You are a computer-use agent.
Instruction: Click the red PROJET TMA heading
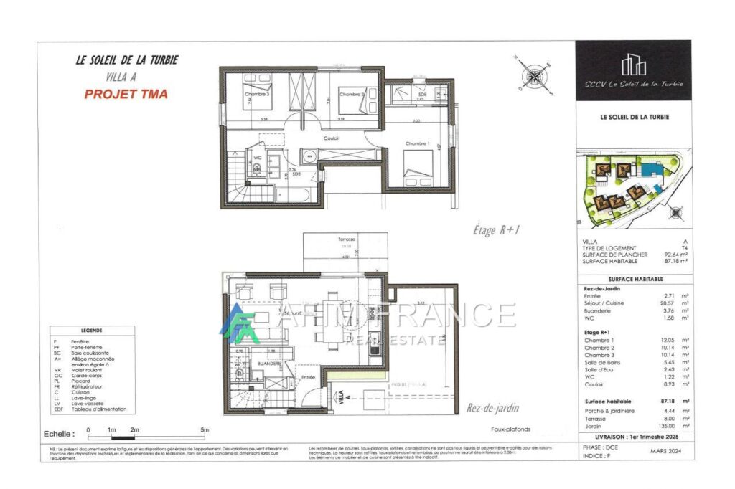(x=126, y=94)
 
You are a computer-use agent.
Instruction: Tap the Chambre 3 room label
(x=257, y=94)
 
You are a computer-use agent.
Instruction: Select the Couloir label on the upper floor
(x=331, y=138)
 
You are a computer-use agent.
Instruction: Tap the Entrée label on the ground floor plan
(x=309, y=377)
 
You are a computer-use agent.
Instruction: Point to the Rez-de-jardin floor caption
(x=493, y=408)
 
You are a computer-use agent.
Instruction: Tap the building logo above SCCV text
(x=633, y=65)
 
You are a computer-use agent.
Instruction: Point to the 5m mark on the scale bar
(x=205, y=429)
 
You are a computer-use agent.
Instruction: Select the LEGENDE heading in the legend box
(x=92, y=331)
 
